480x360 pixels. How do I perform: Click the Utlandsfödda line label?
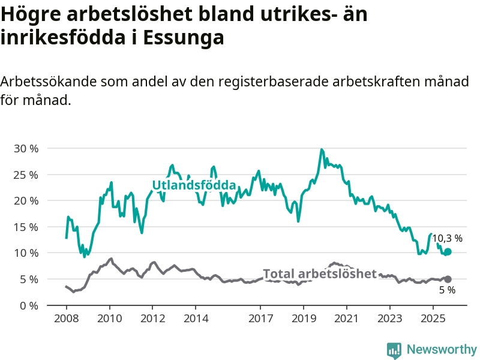(194, 185)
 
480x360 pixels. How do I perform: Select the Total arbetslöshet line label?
(320, 274)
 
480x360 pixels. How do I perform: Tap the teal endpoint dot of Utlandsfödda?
(448, 252)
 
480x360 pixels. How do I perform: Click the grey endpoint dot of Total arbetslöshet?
(448, 279)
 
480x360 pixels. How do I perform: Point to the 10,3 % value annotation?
(447, 238)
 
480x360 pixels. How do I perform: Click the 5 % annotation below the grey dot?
(447, 290)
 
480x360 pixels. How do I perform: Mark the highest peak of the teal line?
(322, 149)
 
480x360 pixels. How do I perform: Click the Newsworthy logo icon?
(394, 350)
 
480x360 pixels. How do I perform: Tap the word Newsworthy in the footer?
(442, 349)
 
